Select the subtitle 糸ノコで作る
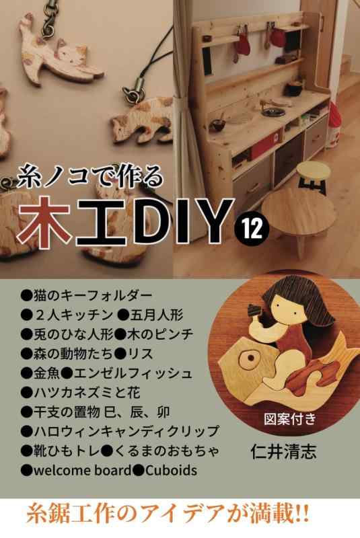tap(90, 178)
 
